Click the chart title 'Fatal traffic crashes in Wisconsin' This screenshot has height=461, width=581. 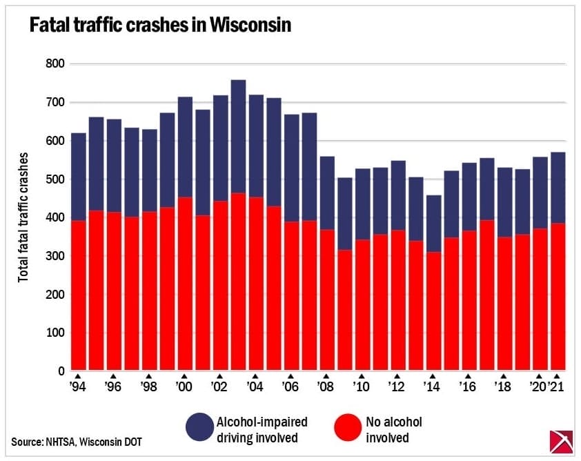pos(159,26)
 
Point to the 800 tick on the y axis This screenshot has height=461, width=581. pos(55,64)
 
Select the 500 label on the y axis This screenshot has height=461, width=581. pos(55,179)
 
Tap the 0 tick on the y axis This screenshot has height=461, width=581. pos(61,371)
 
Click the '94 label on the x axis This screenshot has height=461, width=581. pos(77,388)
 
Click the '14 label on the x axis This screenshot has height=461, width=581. pos(433,388)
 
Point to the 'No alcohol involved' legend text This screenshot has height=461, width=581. pos(393,429)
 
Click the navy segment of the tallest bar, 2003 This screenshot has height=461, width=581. pos(238,200)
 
